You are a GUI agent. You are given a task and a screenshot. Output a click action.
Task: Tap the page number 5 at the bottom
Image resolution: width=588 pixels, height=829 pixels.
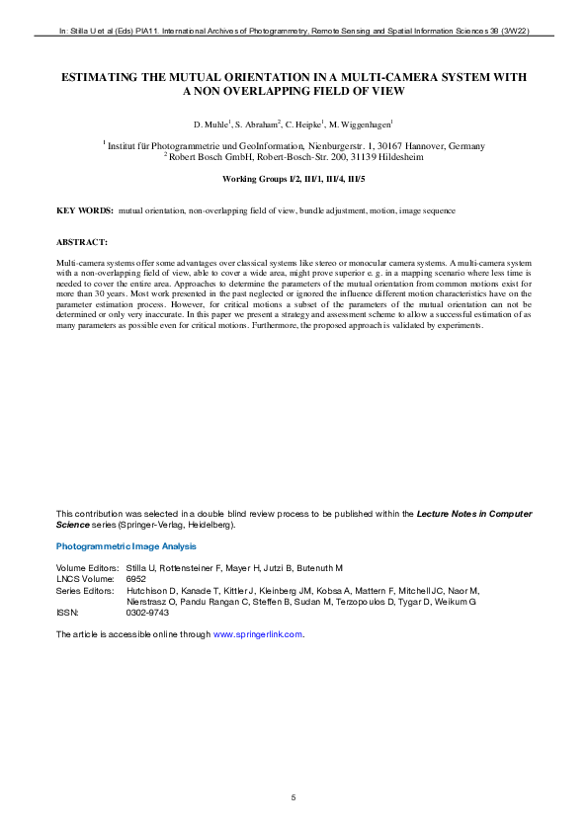coord(294,796)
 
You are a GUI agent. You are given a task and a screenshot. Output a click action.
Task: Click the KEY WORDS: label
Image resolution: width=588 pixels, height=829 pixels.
coord(85,211)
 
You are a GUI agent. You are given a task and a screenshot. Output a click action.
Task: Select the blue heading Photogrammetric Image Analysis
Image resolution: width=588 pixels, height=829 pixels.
coord(126,546)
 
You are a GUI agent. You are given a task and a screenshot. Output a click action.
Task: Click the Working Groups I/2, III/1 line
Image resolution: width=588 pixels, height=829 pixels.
coord(294,180)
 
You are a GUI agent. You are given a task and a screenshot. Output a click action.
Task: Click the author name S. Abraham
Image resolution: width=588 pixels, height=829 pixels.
coord(259,124)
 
